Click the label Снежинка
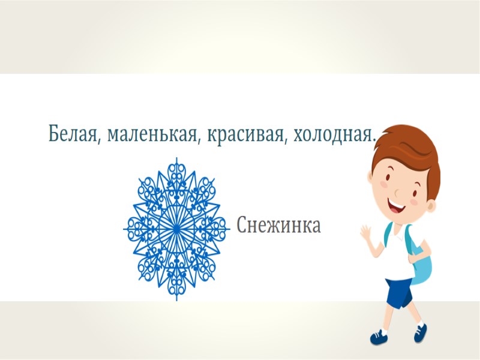click(x=279, y=226)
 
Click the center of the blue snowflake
click(x=176, y=229)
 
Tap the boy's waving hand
click(x=367, y=235)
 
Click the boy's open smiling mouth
click(x=398, y=207)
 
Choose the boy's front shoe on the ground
click(x=379, y=337)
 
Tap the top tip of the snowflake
click(x=176, y=159)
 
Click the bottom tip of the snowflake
click(x=176, y=298)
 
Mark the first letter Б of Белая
click(x=54, y=133)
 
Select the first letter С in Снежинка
click(x=241, y=226)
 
